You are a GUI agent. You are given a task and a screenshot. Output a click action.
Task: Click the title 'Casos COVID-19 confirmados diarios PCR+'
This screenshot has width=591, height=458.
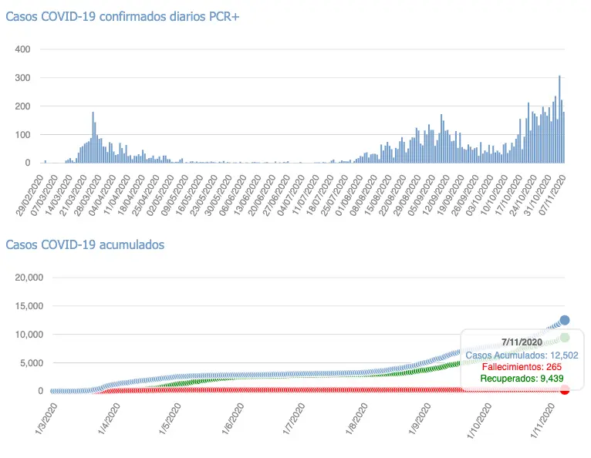click(x=123, y=17)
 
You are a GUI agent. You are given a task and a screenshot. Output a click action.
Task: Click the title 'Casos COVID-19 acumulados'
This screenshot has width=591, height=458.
click(x=85, y=244)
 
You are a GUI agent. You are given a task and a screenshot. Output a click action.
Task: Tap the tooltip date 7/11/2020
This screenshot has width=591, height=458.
click(x=521, y=341)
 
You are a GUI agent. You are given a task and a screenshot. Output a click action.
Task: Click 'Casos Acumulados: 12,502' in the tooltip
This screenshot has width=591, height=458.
click(x=521, y=354)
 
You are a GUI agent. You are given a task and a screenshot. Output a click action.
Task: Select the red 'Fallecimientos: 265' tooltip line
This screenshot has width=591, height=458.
click(x=521, y=366)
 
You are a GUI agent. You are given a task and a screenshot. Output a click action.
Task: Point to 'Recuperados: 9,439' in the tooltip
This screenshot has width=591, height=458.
click(x=521, y=379)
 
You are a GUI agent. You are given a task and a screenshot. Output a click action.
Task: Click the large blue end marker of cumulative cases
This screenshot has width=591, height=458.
click(x=565, y=320)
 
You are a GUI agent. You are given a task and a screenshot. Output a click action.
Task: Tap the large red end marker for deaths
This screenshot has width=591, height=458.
click(x=565, y=389)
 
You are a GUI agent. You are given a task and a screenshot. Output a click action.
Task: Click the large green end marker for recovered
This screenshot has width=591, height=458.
click(x=565, y=338)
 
